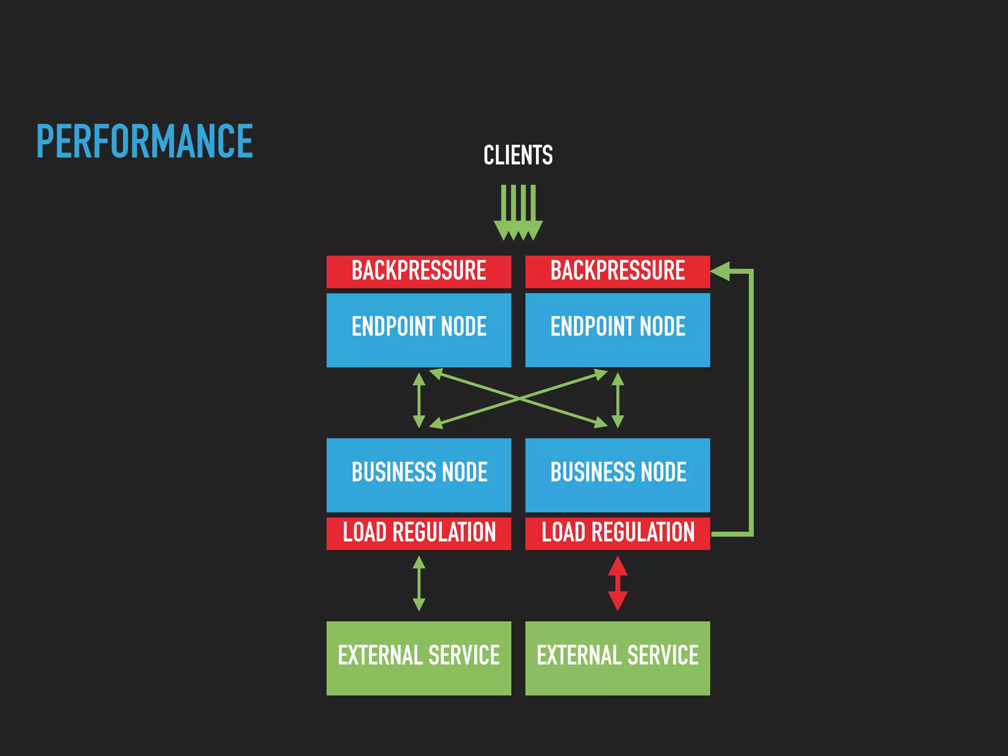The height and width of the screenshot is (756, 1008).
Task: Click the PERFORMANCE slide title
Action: pos(145,142)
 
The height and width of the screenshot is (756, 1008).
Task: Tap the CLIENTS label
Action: pos(518,155)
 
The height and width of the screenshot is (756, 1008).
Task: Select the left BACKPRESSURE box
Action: pos(419,271)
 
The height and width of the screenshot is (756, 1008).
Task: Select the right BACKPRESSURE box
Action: pos(617,271)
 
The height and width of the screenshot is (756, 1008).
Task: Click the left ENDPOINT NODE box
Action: pos(419,330)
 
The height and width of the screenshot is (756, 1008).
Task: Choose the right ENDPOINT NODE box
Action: pos(617,330)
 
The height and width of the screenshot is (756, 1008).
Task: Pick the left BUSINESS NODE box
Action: pos(419,475)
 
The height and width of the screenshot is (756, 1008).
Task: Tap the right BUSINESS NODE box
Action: pos(617,475)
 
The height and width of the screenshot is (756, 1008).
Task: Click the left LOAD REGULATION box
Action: pos(419,533)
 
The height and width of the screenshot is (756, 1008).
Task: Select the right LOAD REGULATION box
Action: pos(617,533)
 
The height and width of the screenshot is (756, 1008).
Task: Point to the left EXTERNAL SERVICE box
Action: pos(419,658)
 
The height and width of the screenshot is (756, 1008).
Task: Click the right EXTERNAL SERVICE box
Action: pos(617,658)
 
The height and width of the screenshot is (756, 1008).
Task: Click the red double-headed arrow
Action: pos(618,583)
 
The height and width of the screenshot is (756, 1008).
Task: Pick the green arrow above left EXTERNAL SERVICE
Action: pos(419,583)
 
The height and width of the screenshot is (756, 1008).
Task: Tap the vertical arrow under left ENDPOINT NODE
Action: pos(419,400)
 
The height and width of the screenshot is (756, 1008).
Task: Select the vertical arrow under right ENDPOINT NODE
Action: pos(618,400)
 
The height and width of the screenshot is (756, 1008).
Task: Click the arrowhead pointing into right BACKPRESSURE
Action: pos(720,271)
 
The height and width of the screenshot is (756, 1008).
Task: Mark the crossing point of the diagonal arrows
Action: pos(519,398)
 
